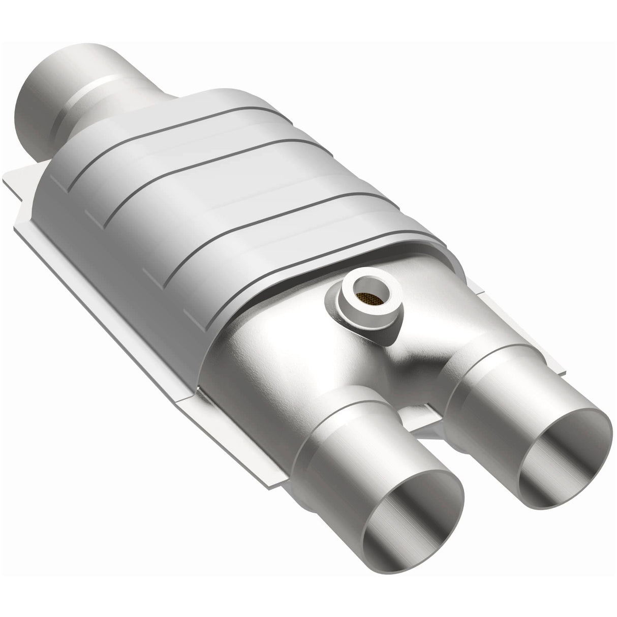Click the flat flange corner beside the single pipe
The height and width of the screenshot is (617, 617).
click(x=20, y=188)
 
